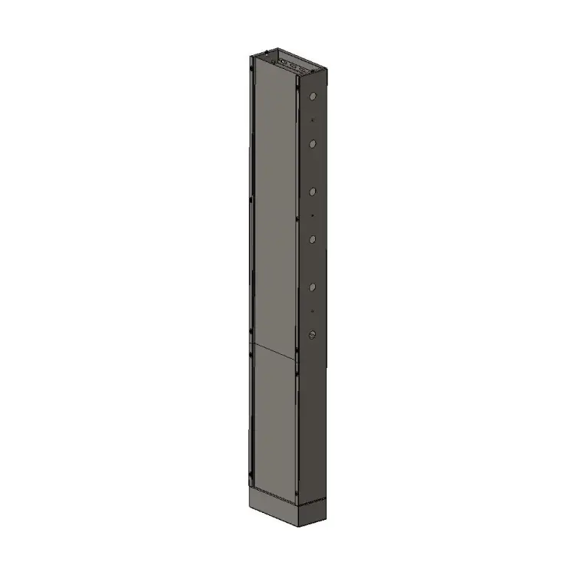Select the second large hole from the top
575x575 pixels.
pyautogui.click(x=312, y=143)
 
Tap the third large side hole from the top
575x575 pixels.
pyautogui.click(x=312, y=192)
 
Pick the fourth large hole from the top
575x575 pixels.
pyautogui.click(x=312, y=239)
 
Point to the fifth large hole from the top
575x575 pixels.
pyautogui.click(x=312, y=287)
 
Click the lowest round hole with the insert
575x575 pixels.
pyautogui.click(x=312, y=335)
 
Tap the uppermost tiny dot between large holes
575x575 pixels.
pyautogui.click(x=312, y=121)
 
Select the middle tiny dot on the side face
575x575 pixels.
pyautogui.click(x=312, y=216)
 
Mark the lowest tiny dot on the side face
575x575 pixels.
pyautogui.click(x=312, y=310)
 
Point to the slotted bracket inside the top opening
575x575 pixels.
pyautogui.click(x=292, y=61)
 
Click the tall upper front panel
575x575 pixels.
pyautogui.click(x=274, y=207)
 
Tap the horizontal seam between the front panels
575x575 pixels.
pyautogui.click(x=273, y=351)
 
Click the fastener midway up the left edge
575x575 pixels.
pyautogui.click(x=251, y=201)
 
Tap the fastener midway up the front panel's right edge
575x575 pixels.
pyautogui.click(x=296, y=219)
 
